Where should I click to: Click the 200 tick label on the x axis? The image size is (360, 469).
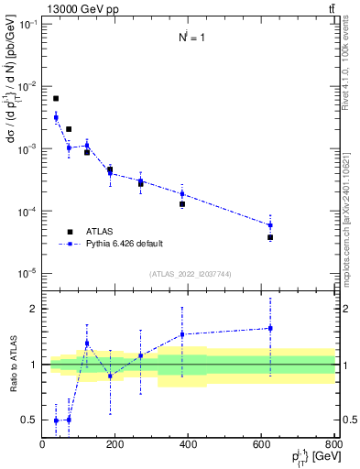[x=115, y=445]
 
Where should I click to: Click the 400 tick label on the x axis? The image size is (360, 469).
[x=189, y=445]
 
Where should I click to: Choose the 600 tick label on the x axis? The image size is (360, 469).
[x=262, y=445]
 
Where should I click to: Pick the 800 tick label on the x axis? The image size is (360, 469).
[x=334, y=445]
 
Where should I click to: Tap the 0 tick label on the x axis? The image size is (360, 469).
[x=42, y=445]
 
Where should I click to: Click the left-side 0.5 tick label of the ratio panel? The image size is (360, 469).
[x=30, y=420]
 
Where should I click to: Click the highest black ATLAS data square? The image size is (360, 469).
[x=56, y=99]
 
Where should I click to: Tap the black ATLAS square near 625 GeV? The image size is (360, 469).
[x=270, y=237]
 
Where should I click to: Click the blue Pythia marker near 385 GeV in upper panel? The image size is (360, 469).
[x=182, y=193]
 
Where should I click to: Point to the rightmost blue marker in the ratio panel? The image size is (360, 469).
[x=270, y=328]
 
